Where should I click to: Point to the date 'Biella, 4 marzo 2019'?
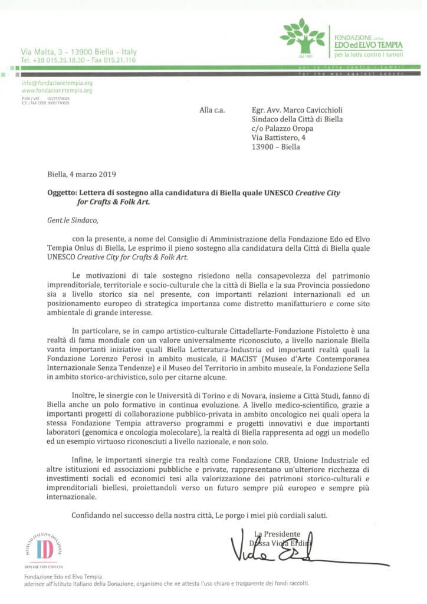coord(82,174)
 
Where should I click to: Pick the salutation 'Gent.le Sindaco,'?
coord(74,221)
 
